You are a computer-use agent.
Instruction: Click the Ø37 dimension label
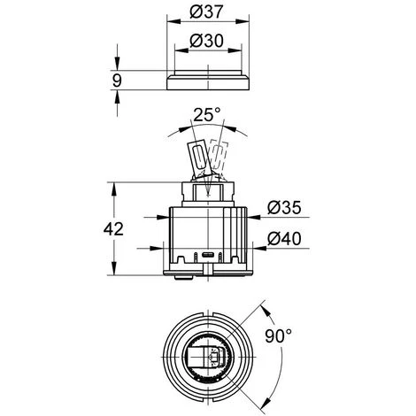[x=206, y=12]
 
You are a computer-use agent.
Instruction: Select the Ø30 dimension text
[x=206, y=41]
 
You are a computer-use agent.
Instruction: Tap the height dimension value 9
[x=117, y=81]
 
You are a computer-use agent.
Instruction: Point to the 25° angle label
[x=206, y=115]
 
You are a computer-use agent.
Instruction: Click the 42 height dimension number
[x=113, y=229]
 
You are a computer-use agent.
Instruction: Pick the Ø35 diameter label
[x=284, y=207]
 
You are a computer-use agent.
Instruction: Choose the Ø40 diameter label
[x=284, y=238]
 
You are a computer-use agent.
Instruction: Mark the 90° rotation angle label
[x=278, y=335]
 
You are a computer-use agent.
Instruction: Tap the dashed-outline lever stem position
[x=220, y=158]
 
